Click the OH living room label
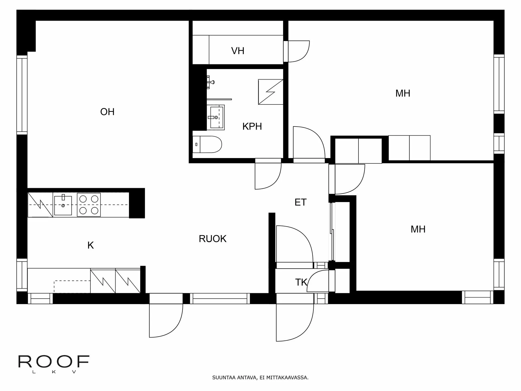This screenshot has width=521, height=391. tap(107, 112)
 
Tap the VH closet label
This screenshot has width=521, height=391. tap(238, 51)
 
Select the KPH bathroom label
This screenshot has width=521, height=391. tap(252, 126)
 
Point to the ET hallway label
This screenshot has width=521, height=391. tap(300, 202)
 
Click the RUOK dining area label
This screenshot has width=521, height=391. tap(212, 239)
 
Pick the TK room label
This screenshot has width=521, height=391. tap(301, 282)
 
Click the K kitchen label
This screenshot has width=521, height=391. tap(90, 245)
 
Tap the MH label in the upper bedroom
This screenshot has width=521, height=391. tap(403, 93)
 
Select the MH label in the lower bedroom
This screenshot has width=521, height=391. tap(418, 229)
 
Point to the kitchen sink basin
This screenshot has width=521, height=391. tap(63, 206)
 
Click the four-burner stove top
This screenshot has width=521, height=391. tap(89, 205)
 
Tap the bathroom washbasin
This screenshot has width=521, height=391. tap(217, 118)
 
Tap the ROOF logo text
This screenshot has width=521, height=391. tap(54, 361)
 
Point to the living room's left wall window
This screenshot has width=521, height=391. tap(22, 95)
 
